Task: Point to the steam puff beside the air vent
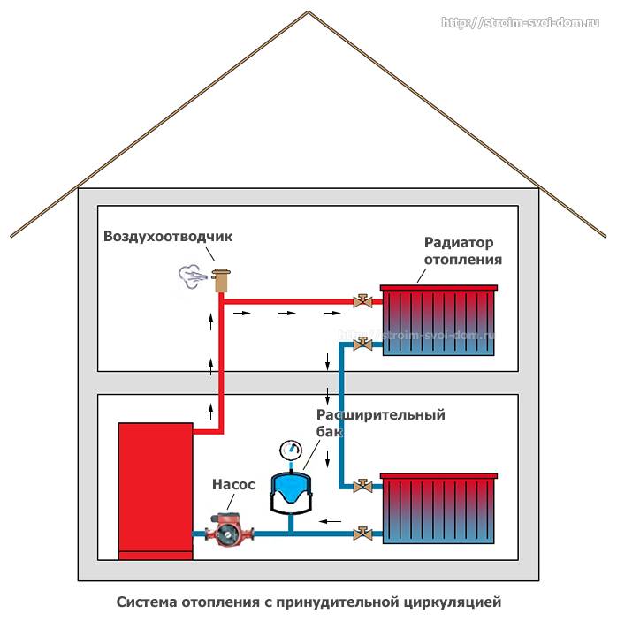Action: (191, 276)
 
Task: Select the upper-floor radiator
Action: (437, 321)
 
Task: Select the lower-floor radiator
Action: (437, 510)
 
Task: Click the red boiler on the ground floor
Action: (156, 489)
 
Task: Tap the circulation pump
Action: (225, 532)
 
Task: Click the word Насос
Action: (233, 485)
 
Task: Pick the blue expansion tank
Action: (291, 493)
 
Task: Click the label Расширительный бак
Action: (380, 422)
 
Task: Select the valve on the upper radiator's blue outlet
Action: (361, 344)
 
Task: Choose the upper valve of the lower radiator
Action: (362, 485)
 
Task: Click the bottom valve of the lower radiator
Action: (362, 533)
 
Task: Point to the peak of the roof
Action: (308, 11)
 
